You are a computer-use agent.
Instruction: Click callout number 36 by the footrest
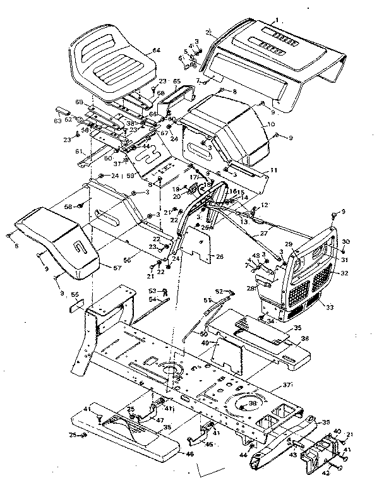click(305, 338)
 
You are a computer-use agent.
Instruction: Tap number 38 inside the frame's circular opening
click(253, 403)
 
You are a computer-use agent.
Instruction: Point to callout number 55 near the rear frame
click(75, 294)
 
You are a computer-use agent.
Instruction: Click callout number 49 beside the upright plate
click(205, 343)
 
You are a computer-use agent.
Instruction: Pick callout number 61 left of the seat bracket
click(79, 151)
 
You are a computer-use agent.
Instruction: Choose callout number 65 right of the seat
click(177, 81)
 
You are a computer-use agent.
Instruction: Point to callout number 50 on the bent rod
click(204, 333)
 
